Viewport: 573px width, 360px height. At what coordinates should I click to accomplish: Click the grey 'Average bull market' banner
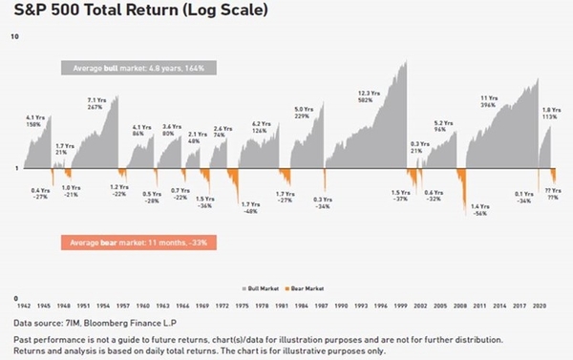tap(137, 69)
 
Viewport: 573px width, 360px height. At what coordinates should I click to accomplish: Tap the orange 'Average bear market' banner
tap(137, 243)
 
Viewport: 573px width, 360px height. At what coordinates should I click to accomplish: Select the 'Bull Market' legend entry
tap(261, 286)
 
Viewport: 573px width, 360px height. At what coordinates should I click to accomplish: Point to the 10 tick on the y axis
tap(13, 36)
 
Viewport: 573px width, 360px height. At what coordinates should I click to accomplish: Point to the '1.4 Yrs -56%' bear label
tap(480, 210)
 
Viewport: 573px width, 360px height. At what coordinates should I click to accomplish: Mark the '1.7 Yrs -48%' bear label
tap(250, 207)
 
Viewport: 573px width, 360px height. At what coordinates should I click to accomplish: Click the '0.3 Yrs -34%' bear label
tap(322, 202)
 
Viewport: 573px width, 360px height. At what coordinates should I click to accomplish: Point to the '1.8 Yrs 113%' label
tap(549, 113)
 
